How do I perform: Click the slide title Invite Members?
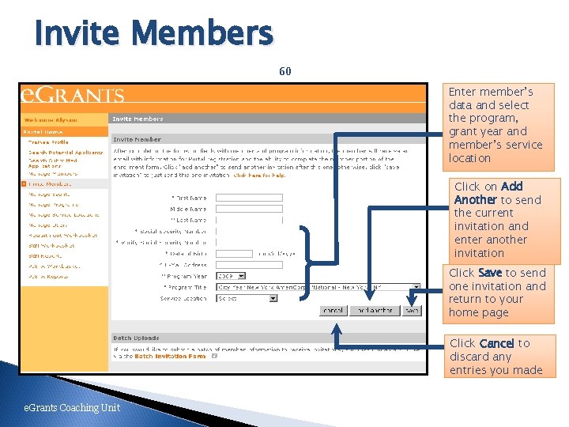pos(153,34)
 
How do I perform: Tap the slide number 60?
pos(285,71)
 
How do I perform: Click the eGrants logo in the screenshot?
pos(73,94)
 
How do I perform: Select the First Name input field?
pos(249,198)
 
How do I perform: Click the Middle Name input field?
pos(249,209)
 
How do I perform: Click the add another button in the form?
pos(371,311)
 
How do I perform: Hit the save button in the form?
pos(411,311)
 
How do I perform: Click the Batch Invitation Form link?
pos(170,357)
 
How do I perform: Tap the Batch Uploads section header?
pos(136,338)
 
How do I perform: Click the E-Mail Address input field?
pos(249,265)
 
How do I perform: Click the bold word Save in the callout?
pos(490,273)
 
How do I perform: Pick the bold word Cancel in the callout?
pos(496,343)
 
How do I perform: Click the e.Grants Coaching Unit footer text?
pos(72,408)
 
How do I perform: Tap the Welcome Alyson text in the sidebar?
pos(51,119)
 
